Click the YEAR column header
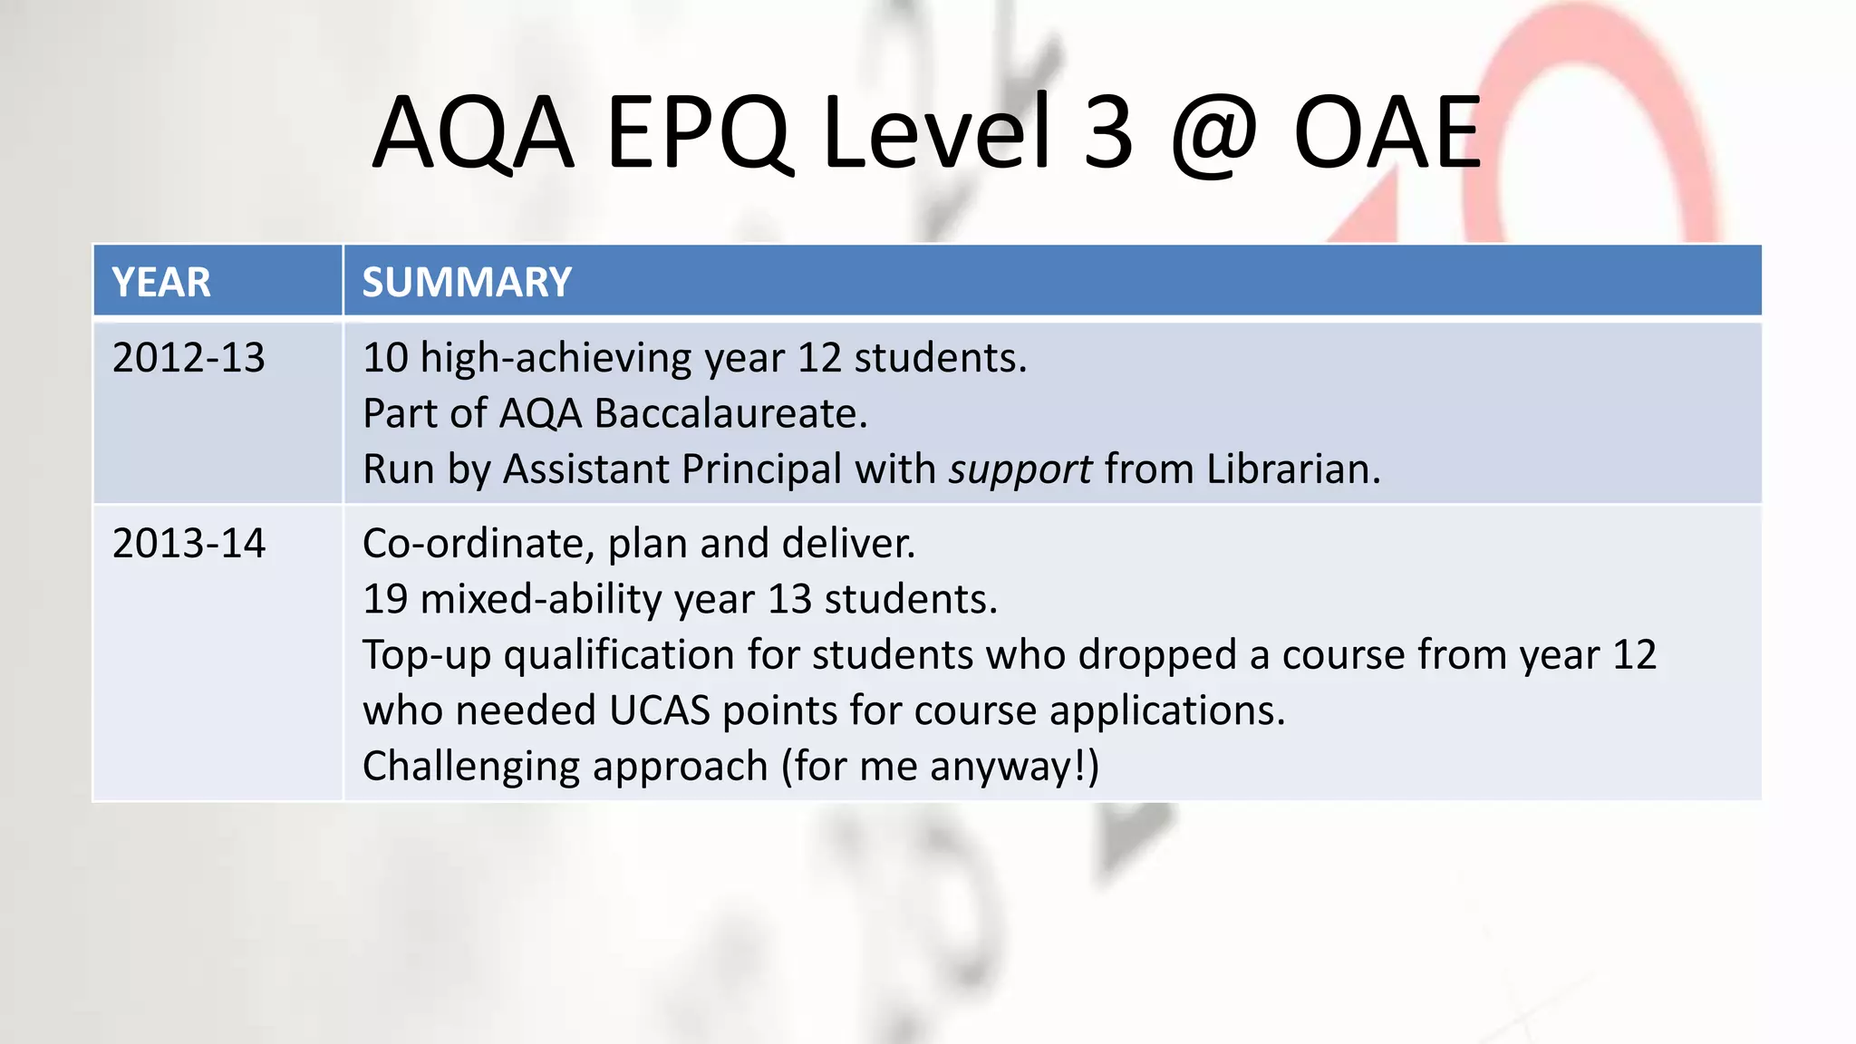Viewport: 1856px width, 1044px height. click(161, 282)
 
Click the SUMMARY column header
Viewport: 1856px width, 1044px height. click(467, 282)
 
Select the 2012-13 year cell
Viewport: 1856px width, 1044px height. click(188, 358)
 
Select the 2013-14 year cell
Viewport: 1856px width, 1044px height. click(188, 544)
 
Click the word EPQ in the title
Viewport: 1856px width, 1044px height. click(698, 134)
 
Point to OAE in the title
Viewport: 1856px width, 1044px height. click(1387, 134)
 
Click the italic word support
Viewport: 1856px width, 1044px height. click(1020, 470)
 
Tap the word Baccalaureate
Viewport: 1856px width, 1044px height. click(730, 414)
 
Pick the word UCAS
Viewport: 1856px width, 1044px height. click(660, 710)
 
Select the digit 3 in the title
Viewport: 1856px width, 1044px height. click(1107, 134)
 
